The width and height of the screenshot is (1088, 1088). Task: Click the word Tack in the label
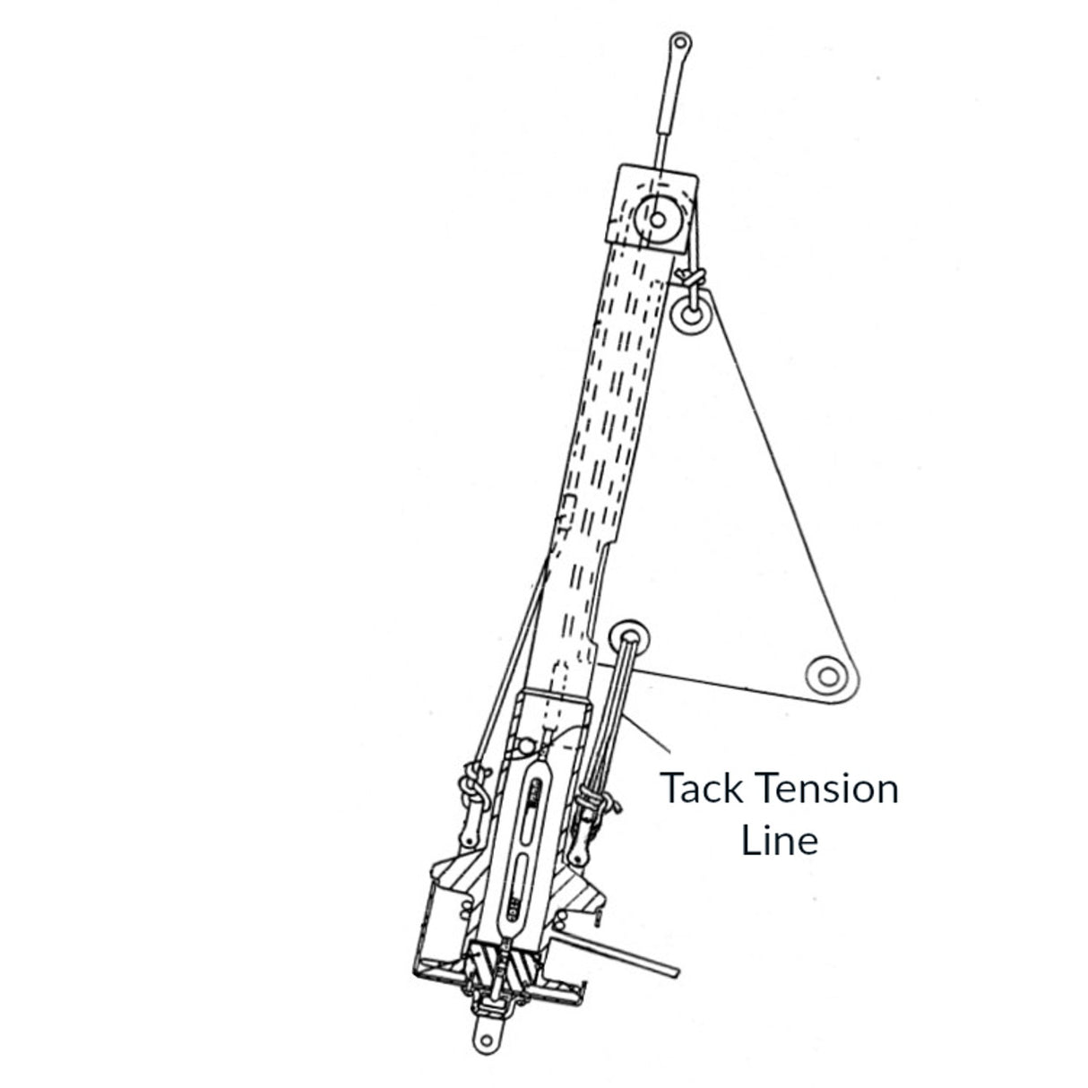[x=703, y=790]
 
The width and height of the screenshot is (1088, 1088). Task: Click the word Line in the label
[x=779, y=841]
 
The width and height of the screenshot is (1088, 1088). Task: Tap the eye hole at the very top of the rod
[x=681, y=43]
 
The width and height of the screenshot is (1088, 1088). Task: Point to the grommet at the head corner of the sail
[x=690, y=315]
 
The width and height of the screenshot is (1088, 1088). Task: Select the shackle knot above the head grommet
[x=693, y=279]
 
